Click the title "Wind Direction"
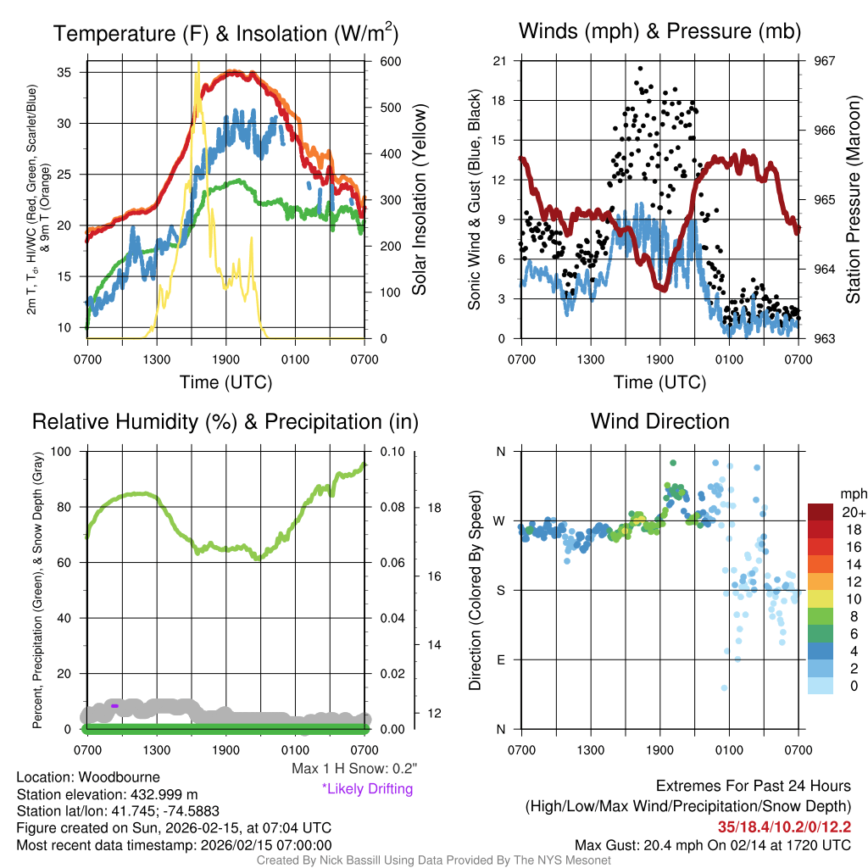pos(659,421)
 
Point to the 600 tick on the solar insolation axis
pos(390,61)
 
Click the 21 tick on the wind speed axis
pos(499,61)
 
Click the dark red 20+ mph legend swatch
pos(821,512)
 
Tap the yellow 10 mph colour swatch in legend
pos(821,598)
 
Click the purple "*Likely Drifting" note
pos(367,789)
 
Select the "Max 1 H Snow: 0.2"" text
pos(354,769)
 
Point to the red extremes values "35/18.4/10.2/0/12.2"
pos(784,826)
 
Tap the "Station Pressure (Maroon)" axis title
pos(853,199)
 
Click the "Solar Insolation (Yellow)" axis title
pos(420,199)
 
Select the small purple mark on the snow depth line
pos(114,705)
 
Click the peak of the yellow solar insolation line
pos(198,64)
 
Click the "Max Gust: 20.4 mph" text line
pos(712,844)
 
